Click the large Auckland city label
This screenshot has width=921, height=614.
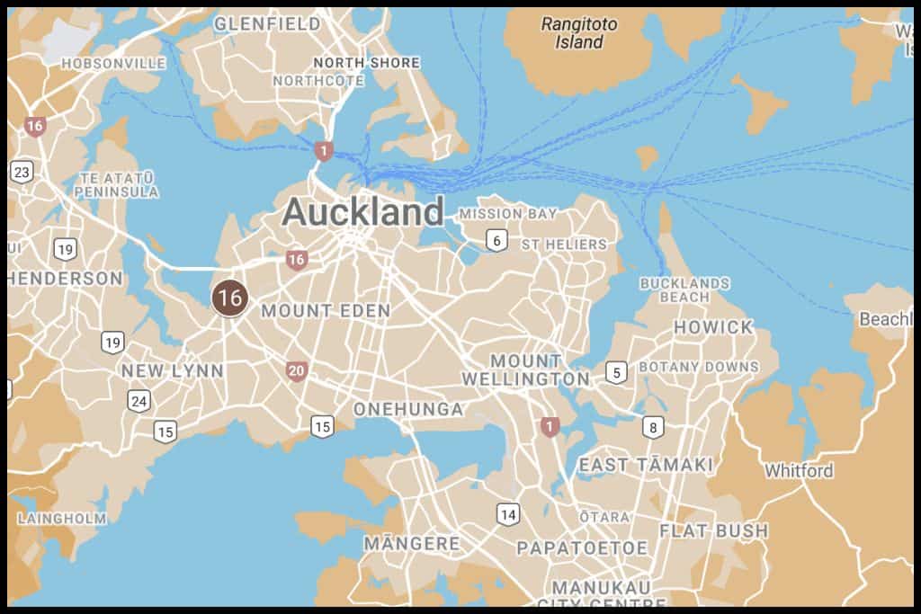[362, 213]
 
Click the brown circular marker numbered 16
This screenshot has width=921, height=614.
[230, 298]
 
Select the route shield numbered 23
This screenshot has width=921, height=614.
[22, 172]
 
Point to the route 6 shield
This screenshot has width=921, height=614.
[496, 240]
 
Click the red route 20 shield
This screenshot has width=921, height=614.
[297, 370]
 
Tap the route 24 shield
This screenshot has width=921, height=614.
[139, 401]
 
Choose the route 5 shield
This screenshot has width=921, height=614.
[616, 372]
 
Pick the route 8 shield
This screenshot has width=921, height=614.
[653, 427]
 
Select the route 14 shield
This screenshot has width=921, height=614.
[508, 514]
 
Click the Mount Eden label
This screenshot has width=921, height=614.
[326, 311]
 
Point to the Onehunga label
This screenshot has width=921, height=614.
[408, 409]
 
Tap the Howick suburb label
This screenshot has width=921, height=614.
[713, 327]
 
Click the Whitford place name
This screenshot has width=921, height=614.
[799, 470]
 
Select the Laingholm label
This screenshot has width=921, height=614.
[62, 519]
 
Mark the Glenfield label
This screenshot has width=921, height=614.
[267, 23]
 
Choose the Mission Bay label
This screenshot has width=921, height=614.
[508, 214]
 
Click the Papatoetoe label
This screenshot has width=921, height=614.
[582, 547]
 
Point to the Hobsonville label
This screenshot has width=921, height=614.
[113, 64]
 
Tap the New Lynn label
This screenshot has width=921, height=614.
[173, 370]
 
